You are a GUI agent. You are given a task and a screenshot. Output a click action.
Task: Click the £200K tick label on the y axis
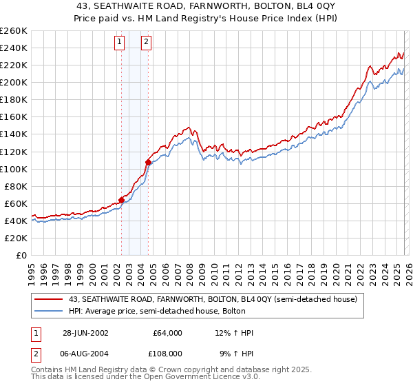(x=14, y=82)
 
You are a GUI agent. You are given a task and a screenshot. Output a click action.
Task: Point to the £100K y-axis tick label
(x=14, y=169)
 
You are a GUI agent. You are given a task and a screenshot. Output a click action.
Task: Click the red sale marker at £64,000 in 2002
(x=122, y=200)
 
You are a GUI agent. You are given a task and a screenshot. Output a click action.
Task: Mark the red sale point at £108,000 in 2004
(x=148, y=162)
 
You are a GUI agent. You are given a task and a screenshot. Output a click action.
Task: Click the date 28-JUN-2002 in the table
(x=85, y=333)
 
